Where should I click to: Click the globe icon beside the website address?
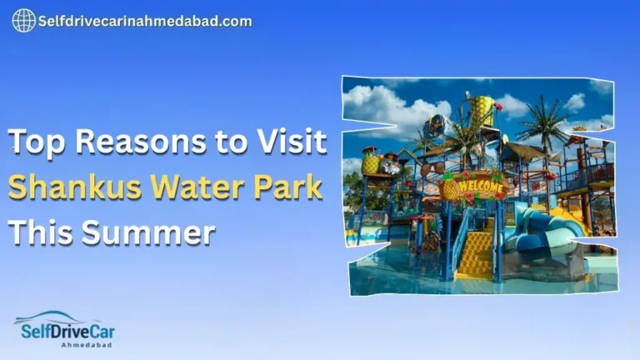click(x=23, y=21)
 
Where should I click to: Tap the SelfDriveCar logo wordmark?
click(x=64, y=332)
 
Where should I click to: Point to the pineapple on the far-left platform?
click(x=371, y=163)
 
